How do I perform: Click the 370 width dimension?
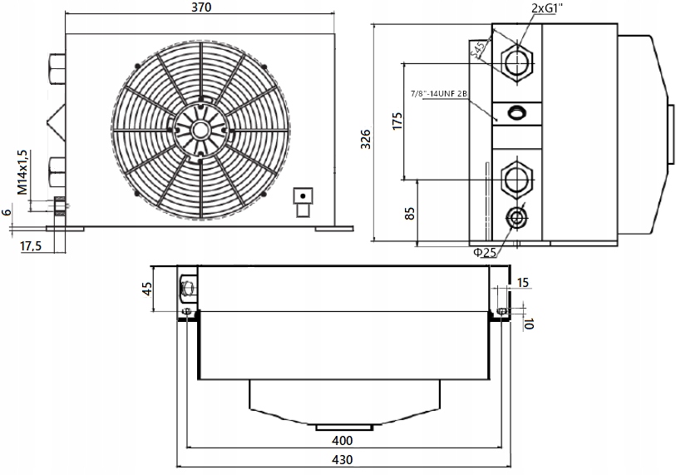200,8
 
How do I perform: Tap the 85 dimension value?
409,212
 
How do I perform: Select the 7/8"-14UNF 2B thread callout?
447,93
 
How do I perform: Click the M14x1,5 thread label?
23,172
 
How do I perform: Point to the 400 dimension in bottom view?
341,440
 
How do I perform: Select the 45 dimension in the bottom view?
147,290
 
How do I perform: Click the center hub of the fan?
200,130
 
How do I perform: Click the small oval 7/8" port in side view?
516,112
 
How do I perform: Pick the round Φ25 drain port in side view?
516,218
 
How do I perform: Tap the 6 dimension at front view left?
7,212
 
